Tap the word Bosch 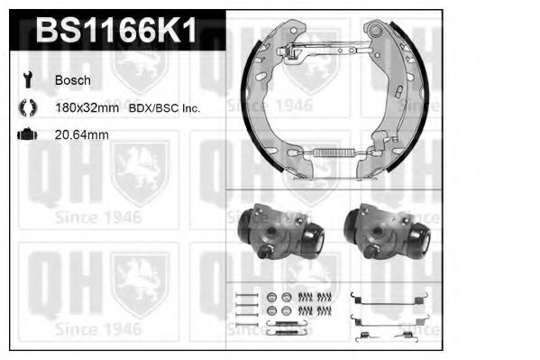(x=72, y=80)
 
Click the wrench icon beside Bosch (x=26, y=80)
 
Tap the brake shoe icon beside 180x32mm (x=26, y=108)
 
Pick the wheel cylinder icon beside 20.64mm (x=26, y=135)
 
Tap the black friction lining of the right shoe (x=411, y=108)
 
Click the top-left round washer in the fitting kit (x=271, y=297)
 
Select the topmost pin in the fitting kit (x=245, y=294)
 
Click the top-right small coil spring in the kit (x=322, y=297)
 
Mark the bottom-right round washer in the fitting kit (x=287, y=310)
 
